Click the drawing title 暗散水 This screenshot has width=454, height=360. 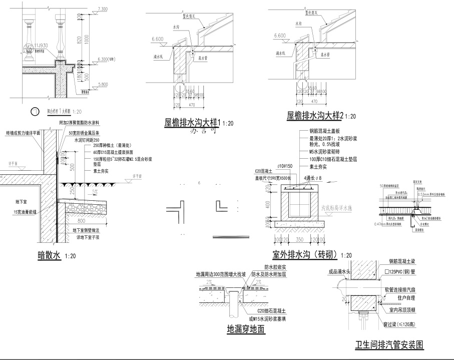(x=49, y=255)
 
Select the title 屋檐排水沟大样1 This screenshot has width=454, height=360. (x=193, y=122)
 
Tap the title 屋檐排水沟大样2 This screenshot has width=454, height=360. (x=315, y=116)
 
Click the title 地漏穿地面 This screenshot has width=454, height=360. (x=246, y=329)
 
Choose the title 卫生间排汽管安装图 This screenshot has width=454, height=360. (x=389, y=345)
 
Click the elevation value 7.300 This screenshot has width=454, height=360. (x=103, y=9)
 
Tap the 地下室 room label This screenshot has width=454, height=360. (x=23, y=201)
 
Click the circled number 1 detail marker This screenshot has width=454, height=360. (x=35, y=112)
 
